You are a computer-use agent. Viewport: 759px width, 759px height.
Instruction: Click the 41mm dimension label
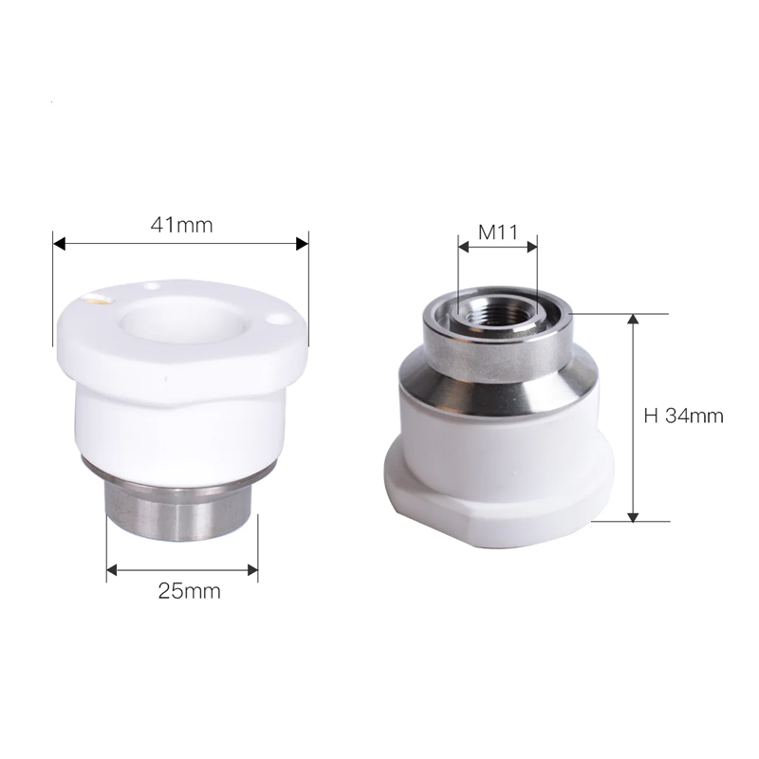coord(181,225)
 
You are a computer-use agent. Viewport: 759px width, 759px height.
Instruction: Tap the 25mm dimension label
coord(189,591)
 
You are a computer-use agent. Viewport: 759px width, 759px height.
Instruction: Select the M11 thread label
coord(498,232)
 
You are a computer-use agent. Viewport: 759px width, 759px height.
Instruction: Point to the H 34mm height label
coord(683,416)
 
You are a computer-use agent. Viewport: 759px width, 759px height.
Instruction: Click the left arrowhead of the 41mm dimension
coord(59,244)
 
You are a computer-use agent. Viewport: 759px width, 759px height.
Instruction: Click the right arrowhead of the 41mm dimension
coord(302,244)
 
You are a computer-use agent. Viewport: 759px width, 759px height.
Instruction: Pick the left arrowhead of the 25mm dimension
coord(112,570)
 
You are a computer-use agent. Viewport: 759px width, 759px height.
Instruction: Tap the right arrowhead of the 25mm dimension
coord(252,570)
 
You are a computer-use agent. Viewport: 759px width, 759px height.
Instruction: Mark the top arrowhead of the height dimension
coord(633,319)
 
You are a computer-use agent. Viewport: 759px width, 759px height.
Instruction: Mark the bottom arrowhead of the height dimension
coord(633,516)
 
